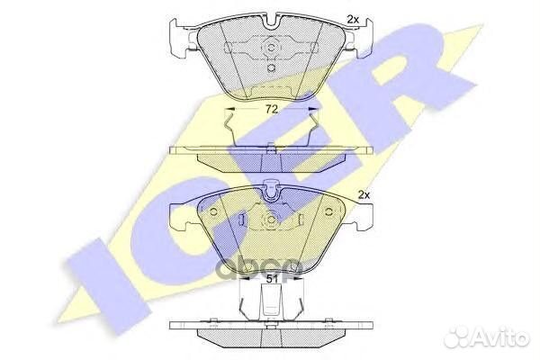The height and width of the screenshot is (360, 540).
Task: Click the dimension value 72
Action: coord(272,109)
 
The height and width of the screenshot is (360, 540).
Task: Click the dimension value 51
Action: coord(272,279)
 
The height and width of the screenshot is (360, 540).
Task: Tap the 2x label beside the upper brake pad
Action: coord(353,20)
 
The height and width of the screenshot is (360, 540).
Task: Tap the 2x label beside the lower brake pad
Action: coord(364,195)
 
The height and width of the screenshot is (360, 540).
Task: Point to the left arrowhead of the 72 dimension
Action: coord(229,109)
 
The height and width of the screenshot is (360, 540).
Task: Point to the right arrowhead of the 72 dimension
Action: coord(313,109)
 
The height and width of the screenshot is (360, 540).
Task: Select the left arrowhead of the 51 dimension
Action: coord(244,279)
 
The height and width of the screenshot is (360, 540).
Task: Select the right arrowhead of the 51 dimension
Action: coord(300,279)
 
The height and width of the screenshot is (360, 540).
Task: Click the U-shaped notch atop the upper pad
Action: coord(271,21)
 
